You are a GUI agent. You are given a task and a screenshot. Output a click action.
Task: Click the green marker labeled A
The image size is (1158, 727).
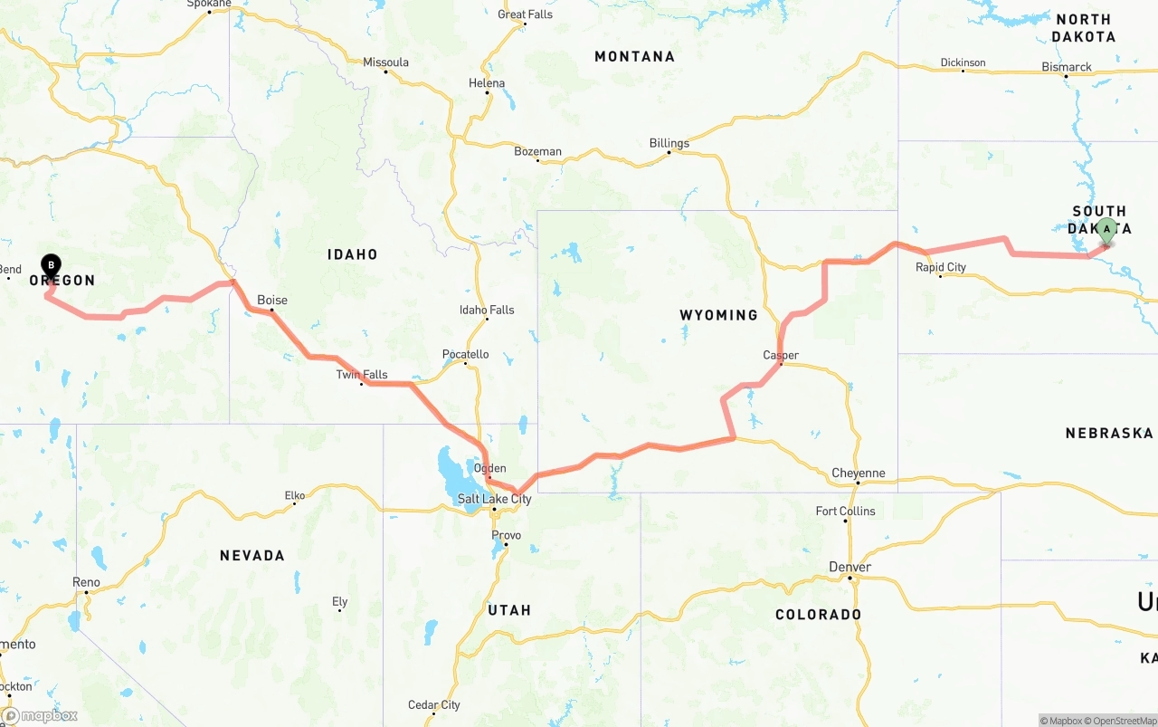[1106, 230]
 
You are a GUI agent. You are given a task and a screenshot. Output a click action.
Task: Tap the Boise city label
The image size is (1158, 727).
[272, 300]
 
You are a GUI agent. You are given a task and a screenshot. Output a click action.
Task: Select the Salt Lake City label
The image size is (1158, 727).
[494, 499]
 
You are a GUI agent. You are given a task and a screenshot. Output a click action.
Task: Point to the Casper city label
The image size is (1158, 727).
[781, 355]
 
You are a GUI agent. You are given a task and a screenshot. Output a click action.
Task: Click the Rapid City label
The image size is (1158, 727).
[941, 267]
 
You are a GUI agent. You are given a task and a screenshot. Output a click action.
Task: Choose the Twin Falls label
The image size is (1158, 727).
[362, 375]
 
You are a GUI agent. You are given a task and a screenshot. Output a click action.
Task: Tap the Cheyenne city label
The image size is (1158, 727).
[859, 474]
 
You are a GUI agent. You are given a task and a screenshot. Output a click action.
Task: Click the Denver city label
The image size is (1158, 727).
[850, 567]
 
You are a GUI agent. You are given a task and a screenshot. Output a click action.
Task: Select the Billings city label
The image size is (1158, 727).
[669, 143]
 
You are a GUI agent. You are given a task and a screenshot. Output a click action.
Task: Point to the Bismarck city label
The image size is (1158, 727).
[1067, 67]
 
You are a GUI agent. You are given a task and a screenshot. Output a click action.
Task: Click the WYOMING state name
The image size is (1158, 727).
[719, 315]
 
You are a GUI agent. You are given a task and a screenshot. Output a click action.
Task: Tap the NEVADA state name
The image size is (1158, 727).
[252, 555]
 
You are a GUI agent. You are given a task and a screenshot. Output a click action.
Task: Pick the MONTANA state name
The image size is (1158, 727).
[634, 56]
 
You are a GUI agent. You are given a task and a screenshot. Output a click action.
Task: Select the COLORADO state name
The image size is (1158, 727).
[819, 615]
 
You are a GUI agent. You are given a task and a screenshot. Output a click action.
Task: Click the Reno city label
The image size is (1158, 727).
[87, 582]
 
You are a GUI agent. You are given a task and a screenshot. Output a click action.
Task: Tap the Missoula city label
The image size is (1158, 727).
[386, 62]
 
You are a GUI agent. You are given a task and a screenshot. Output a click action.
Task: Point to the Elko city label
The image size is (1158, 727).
[295, 495]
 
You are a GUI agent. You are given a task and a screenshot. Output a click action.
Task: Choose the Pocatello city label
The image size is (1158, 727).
[466, 354]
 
